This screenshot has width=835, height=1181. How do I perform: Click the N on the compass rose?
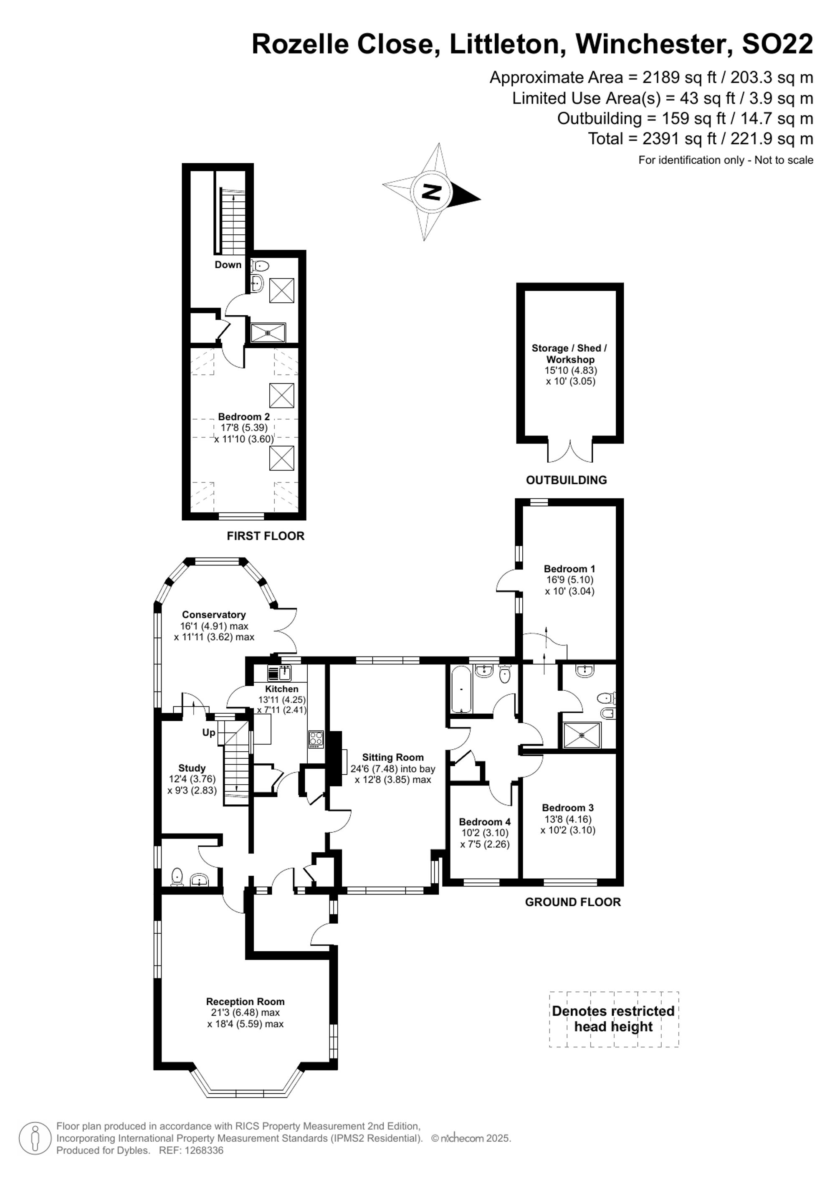pos(431,192)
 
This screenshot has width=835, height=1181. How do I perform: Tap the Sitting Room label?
pos(393,757)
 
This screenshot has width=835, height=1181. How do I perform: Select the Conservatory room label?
pos(214,615)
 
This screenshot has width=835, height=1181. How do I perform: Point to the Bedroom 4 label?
pos(485,822)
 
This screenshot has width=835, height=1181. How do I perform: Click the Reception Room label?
pos(245,1001)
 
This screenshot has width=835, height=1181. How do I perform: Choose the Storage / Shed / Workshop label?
pos(570,354)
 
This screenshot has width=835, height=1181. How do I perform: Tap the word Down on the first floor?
pos(228,264)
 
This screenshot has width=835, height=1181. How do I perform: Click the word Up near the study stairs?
pos(209,732)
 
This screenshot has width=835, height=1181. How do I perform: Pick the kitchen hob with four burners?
pos(316,739)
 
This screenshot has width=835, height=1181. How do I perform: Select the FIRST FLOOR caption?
pos(266,536)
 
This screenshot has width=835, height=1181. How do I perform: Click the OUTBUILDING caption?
pos(567,480)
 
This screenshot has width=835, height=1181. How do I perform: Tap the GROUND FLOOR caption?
pos(573,902)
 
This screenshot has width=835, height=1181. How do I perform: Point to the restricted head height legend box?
pos(614,1019)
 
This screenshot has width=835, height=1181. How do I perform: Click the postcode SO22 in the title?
pos(777,44)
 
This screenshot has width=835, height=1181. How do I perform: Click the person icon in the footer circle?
pos(35,1138)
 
